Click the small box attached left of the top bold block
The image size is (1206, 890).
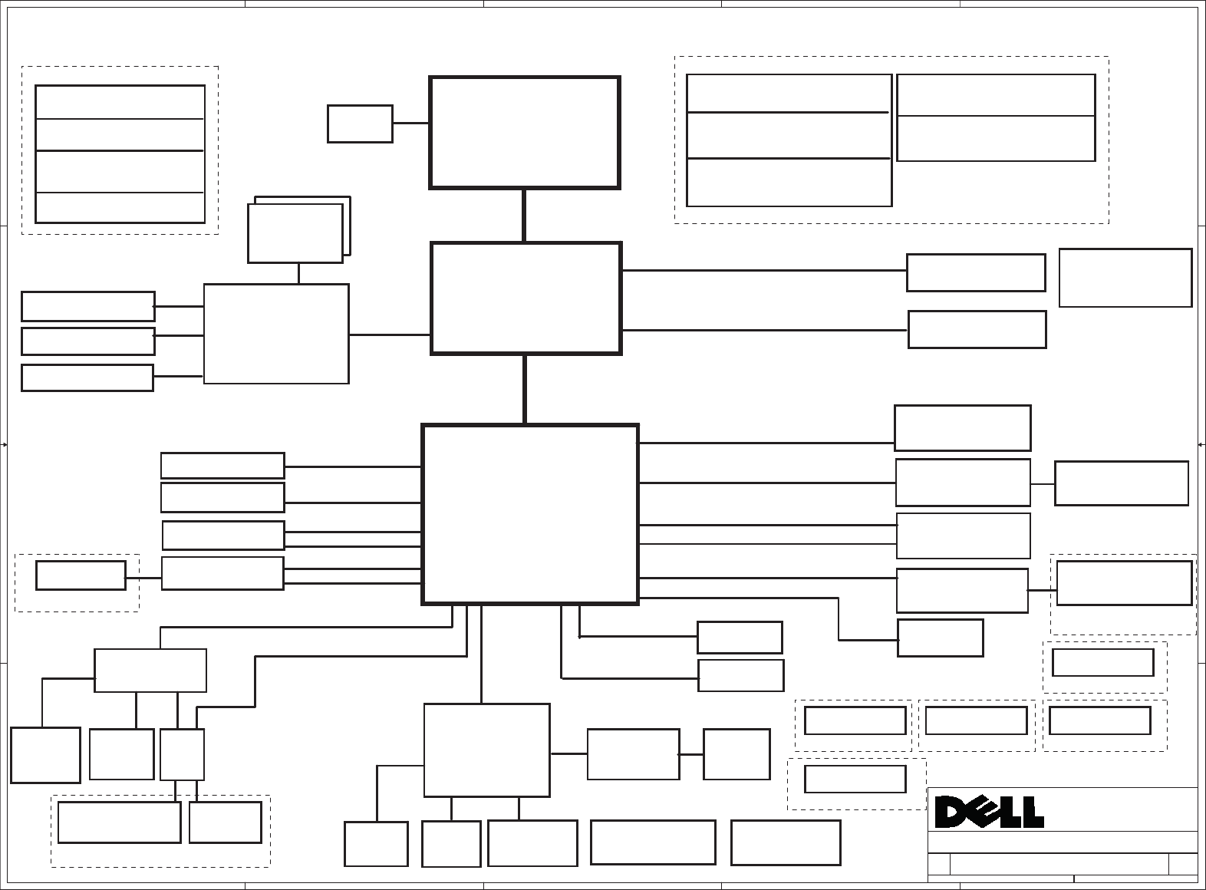tap(360, 124)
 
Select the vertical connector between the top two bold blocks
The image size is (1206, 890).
tap(524, 216)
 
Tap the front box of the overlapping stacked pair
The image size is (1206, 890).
tap(295, 233)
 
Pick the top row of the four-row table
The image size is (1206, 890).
tap(120, 102)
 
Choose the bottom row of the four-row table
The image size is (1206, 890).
tap(120, 207)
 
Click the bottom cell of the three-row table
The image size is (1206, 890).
tap(789, 183)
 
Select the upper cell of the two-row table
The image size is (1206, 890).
tap(995, 95)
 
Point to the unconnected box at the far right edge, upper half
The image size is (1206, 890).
tap(1125, 277)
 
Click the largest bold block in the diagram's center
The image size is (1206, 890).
tap(530, 514)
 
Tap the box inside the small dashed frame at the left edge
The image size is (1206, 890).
tap(81, 575)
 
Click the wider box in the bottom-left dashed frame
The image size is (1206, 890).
tap(119, 822)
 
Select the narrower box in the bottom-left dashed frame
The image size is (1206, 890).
tap(225, 822)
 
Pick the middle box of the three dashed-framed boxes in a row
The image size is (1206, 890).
tap(976, 720)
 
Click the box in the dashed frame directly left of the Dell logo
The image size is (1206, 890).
tap(855, 779)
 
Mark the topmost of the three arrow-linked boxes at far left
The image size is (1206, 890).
tap(87, 306)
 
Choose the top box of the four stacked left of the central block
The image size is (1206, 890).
tap(222, 466)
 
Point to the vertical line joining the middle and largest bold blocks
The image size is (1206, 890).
tap(525, 389)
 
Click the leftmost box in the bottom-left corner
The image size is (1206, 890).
tap(45, 755)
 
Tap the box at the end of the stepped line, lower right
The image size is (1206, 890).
tap(940, 638)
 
